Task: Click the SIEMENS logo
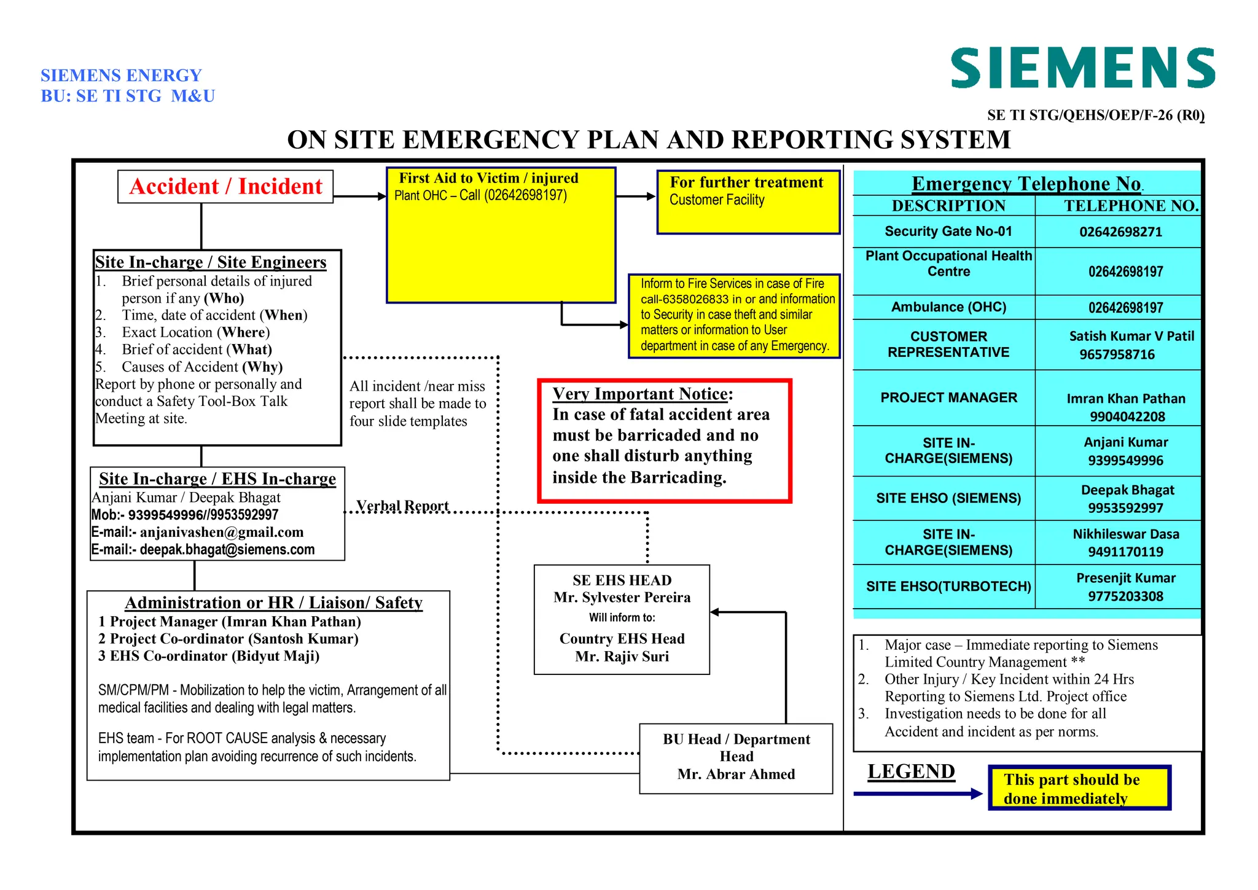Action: click(1082, 68)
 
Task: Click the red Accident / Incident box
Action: click(225, 187)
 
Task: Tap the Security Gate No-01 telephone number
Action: click(1120, 232)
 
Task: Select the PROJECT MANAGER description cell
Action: click(948, 398)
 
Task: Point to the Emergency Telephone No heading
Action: click(1026, 184)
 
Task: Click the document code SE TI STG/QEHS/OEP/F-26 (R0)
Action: click(1095, 115)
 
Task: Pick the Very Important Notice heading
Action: click(642, 394)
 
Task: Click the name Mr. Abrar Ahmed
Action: click(736, 774)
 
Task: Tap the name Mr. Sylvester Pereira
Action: click(622, 598)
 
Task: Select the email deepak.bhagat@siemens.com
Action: click(227, 550)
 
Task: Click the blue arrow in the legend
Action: click(918, 794)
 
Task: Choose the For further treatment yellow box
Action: click(748, 202)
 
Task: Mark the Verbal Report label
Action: click(402, 506)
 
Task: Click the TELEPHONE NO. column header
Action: click(1131, 206)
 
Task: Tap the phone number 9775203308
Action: click(1125, 596)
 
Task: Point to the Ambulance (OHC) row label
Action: click(948, 307)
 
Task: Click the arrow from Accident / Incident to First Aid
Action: click(359, 197)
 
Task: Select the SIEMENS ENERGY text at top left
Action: click(121, 76)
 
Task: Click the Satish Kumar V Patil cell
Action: click(1131, 337)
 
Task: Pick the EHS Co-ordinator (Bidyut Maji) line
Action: click(208, 656)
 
